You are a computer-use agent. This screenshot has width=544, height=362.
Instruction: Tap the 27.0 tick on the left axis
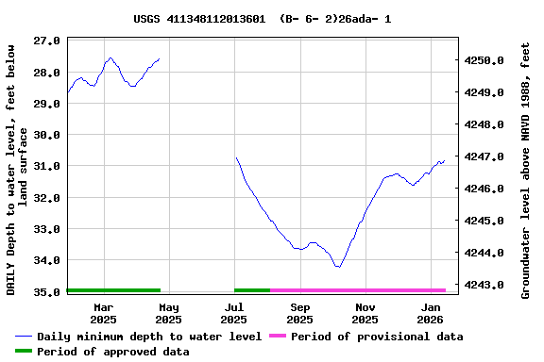[x=47, y=41]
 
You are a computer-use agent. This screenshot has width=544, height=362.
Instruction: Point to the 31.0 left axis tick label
[x=47, y=166]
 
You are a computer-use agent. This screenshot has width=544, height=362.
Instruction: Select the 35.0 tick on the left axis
[x=47, y=291]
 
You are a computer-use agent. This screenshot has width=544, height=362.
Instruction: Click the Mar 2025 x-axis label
[x=103, y=313]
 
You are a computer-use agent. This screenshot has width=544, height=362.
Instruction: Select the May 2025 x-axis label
[x=168, y=313]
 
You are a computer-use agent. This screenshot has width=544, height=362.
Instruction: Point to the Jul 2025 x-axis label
[x=233, y=313]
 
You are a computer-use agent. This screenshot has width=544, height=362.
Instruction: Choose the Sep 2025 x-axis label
[x=299, y=313]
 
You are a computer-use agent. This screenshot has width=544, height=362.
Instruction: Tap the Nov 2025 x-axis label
[x=365, y=313]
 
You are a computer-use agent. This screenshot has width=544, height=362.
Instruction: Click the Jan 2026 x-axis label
[x=431, y=313]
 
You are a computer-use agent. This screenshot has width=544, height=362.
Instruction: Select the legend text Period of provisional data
[x=377, y=337]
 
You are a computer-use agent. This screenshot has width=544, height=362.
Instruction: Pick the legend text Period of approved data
[x=112, y=352]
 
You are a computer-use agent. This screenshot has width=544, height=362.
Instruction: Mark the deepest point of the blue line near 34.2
[x=337, y=267]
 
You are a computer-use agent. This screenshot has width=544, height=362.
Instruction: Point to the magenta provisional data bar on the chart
[x=357, y=290]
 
